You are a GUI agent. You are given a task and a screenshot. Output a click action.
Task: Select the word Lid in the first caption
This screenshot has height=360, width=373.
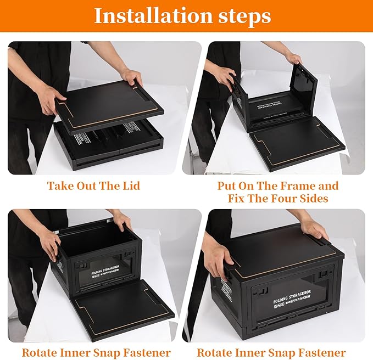[x=130, y=186]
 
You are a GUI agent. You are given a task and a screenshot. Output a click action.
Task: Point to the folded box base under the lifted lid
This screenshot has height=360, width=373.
[x=104, y=145]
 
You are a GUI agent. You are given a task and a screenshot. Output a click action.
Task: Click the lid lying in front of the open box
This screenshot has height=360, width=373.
[x=124, y=307]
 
